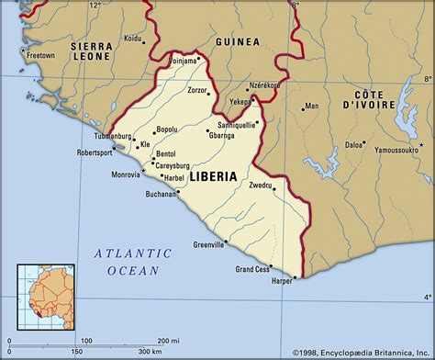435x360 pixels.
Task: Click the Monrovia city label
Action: [x=126, y=174]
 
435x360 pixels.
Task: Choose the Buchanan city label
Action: [x=161, y=194]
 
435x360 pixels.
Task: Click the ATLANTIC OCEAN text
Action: [x=133, y=261]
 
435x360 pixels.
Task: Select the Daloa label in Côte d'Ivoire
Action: [x=352, y=144]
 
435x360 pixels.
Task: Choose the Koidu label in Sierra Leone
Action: [x=134, y=38]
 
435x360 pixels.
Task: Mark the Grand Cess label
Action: [x=252, y=269]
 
